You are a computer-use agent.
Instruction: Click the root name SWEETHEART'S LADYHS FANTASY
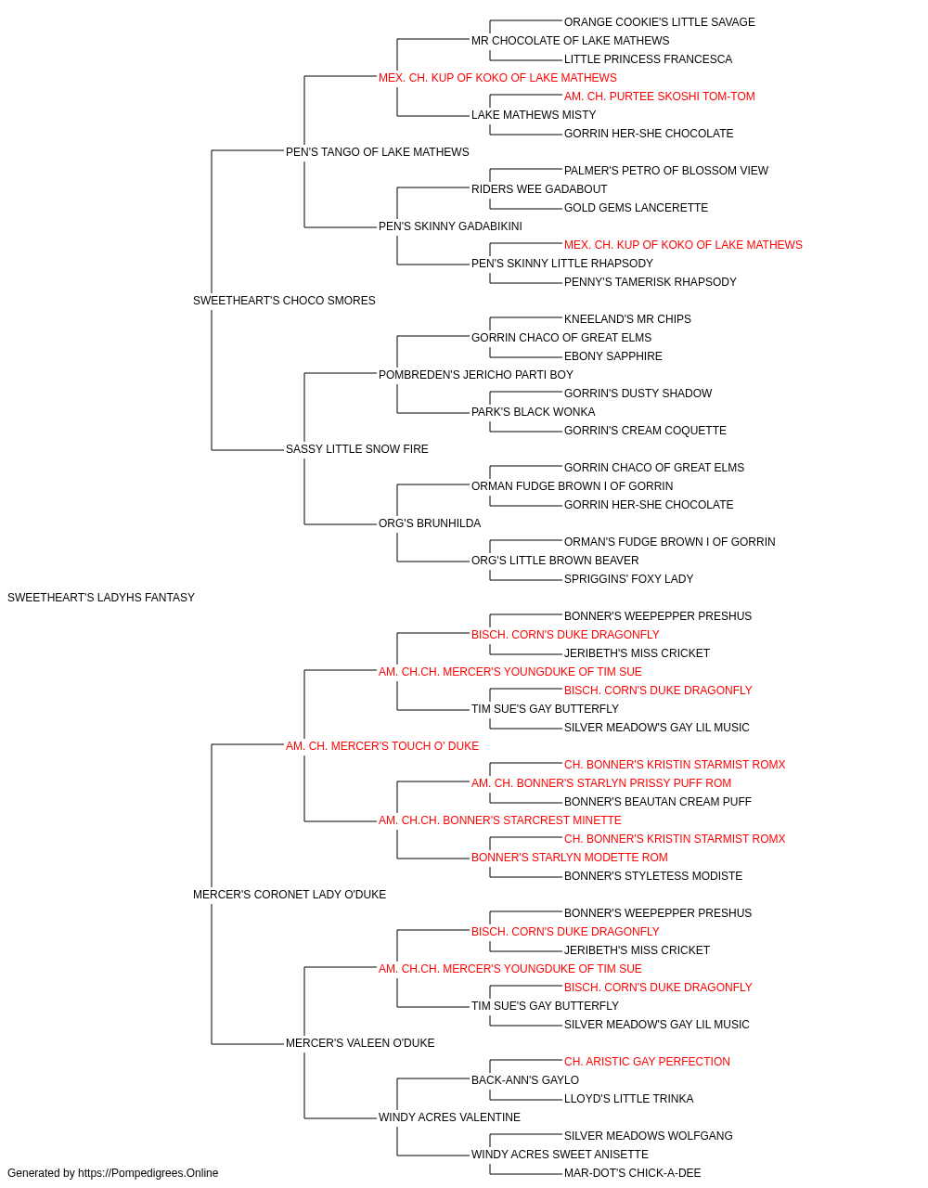point(101,598)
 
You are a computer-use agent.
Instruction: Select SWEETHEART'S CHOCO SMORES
point(284,301)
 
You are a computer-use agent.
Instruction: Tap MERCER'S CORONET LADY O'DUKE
point(290,895)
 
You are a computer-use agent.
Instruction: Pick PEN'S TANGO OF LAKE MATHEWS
point(378,152)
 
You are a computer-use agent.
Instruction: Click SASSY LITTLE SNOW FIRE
point(357,449)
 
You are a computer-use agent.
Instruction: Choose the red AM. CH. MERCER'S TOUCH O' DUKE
point(382,745)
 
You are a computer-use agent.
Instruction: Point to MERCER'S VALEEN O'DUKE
point(360,1042)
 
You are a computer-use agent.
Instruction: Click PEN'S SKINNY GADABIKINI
point(450,226)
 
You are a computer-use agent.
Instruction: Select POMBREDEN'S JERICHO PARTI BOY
point(476,374)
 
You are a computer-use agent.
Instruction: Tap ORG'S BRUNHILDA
point(430,523)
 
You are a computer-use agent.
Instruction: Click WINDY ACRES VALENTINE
point(450,1117)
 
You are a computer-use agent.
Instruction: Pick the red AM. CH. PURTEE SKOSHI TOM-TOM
point(660,97)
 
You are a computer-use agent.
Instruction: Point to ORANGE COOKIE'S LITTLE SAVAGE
point(660,22)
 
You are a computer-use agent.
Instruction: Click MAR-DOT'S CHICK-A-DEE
point(632,1173)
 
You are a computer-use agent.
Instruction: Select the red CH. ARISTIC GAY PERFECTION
point(647,1061)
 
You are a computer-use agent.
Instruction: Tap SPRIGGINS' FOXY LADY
point(628,579)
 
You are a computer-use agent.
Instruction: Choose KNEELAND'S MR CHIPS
point(627,318)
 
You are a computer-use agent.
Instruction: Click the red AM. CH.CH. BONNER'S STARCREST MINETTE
point(500,820)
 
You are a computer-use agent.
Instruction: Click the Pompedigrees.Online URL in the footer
point(148,1173)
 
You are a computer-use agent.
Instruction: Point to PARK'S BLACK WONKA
point(534,412)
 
